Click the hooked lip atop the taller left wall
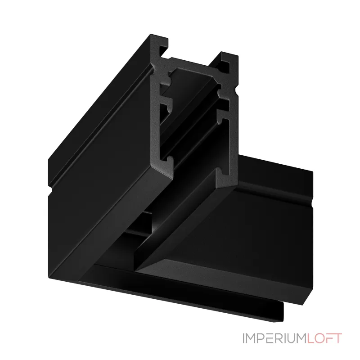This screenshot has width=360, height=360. [x=159, y=45]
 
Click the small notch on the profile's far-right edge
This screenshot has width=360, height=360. [x=312, y=203]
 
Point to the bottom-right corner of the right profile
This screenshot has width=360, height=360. [x=303, y=305]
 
